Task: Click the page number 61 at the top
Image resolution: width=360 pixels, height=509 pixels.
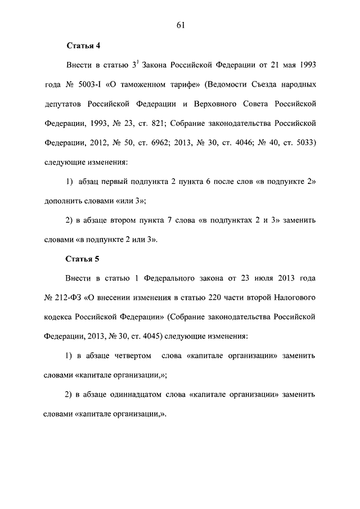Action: pos(180,24)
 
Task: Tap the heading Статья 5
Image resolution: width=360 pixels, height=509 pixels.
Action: pos(83,259)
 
